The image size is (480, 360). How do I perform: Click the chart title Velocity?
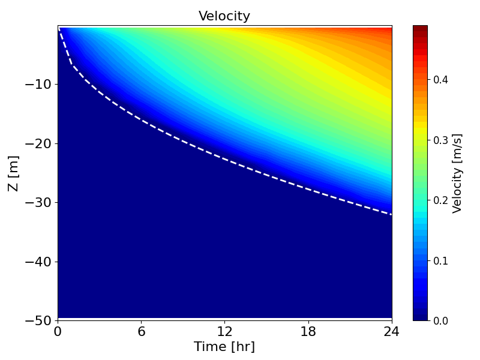click(x=224, y=16)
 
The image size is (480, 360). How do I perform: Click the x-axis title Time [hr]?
click(x=224, y=347)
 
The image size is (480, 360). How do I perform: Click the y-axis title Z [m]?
click(x=13, y=173)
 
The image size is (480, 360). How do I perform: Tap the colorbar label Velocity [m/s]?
click(x=457, y=173)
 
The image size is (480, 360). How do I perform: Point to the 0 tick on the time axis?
click(x=58, y=331)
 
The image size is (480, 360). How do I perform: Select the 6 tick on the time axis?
click(x=141, y=331)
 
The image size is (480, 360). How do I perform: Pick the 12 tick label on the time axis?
click(x=224, y=331)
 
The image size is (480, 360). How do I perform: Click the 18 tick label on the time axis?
click(x=308, y=331)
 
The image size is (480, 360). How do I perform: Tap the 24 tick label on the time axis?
click(x=391, y=331)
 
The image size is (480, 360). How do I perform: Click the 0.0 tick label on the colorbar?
click(x=441, y=320)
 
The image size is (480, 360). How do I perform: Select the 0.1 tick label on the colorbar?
click(x=441, y=260)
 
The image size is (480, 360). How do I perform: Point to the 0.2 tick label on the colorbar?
click(x=441, y=200)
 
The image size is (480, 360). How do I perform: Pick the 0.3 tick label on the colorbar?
click(x=441, y=140)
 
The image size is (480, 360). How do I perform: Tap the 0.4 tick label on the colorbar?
click(x=441, y=79)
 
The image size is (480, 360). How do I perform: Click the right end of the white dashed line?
click(x=391, y=214)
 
